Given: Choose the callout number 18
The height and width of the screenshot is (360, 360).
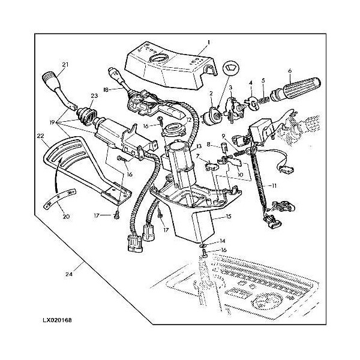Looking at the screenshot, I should point(106,91).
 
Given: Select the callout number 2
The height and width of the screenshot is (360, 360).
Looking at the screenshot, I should point(211,92).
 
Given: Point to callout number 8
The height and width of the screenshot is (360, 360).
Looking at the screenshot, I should point(209,144).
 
